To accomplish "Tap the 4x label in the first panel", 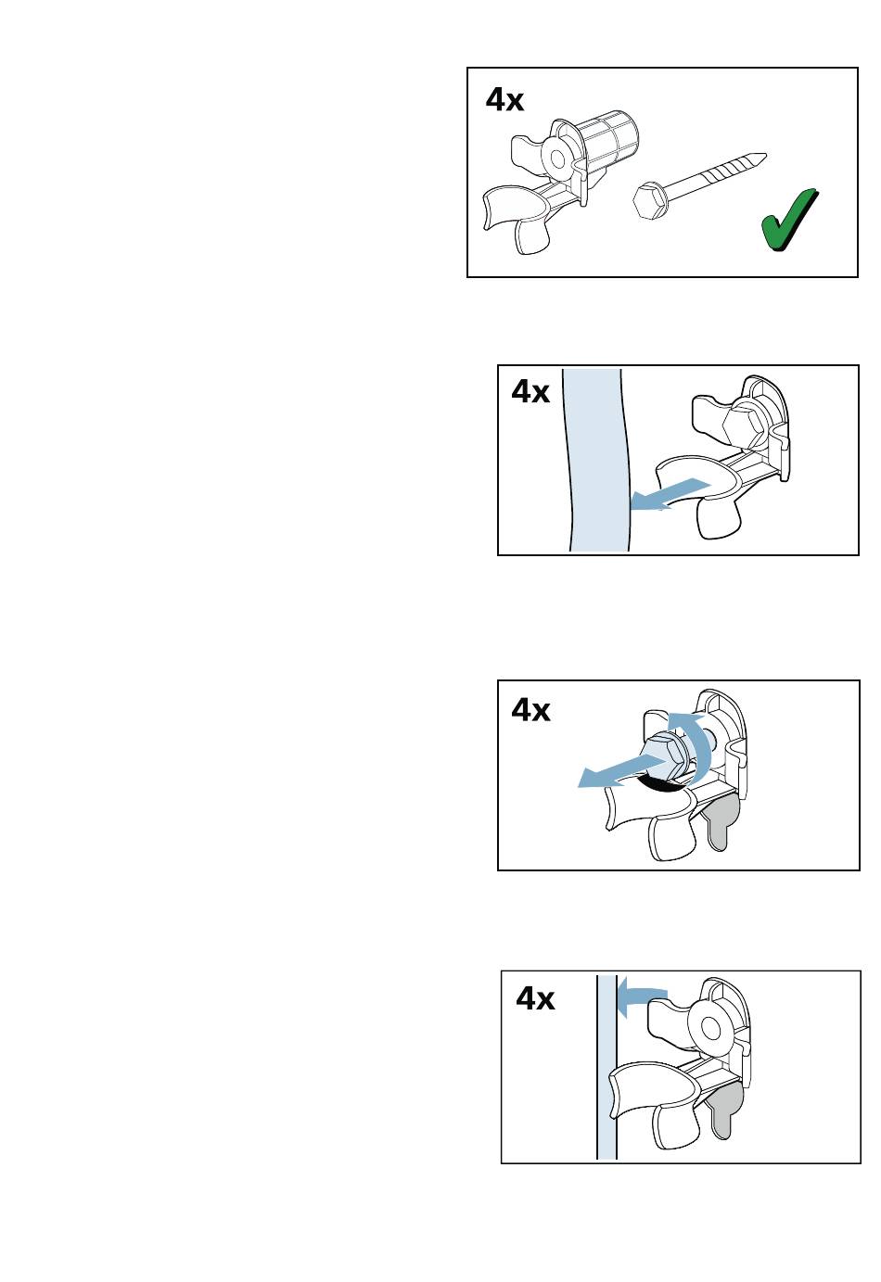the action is (x=504, y=99).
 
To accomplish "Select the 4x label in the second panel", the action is (x=530, y=392).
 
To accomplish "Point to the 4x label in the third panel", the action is (x=530, y=710).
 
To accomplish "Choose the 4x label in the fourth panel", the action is (x=535, y=998).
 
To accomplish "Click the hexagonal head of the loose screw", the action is (x=651, y=200).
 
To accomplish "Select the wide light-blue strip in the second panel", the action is (x=595, y=460).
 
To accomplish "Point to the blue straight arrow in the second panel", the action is (x=670, y=494).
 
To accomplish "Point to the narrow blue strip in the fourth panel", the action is (x=606, y=1067).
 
